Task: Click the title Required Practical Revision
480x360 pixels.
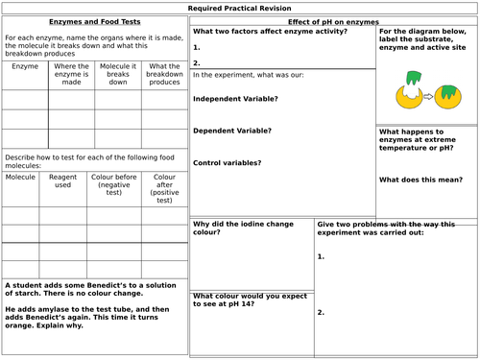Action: pyautogui.click(x=240, y=8)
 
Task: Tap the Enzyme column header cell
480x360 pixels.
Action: pyautogui.click(x=25, y=67)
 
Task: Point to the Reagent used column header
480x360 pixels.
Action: pyautogui.click(x=62, y=182)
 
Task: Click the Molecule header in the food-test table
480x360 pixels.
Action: pyautogui.click(x=21, y=178)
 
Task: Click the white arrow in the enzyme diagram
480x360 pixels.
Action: pyautogui.click(x=425, y=96)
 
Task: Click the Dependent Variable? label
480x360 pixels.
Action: pyautogui.click(x=232, y=131)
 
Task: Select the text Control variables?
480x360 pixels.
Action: pyautogui.click(x=228, y=162)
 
